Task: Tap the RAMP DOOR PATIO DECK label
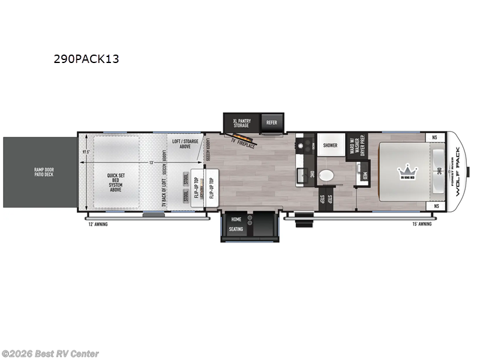click(x=38, y=172)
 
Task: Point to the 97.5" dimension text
click(x=86, y=151)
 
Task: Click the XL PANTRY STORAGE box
click(x=242, y=123)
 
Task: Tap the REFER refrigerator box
click(x=272, y=122)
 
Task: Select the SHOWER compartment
click(x=330, y=145)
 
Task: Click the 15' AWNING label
click(x=422, y=224)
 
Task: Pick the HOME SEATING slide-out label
click(x=236, y=224)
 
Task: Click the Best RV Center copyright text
click(x=50, y=354)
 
